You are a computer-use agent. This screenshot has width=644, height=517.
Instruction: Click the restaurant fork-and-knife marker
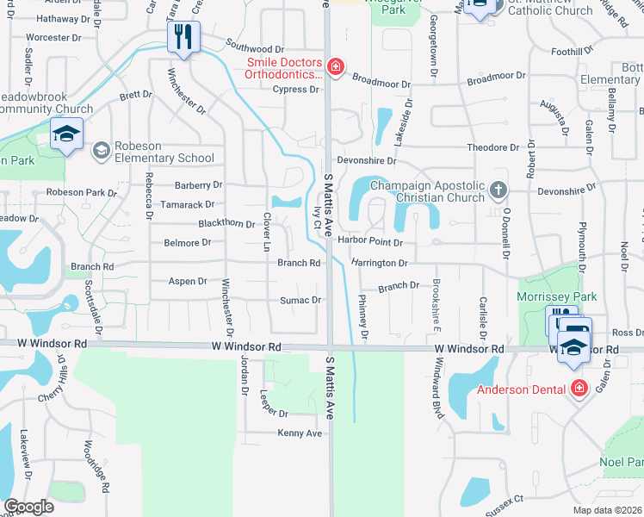(183, 36)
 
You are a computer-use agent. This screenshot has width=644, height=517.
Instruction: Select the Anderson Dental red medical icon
(579, 389)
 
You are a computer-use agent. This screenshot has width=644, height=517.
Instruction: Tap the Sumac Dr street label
(300, 300)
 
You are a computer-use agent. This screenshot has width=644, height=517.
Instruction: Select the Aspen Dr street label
(188, 281)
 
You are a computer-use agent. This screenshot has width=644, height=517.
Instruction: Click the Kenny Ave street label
(300, 433)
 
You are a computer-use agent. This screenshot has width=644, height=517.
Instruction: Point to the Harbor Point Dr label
(370, 242)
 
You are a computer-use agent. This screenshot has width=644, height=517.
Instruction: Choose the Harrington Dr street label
(378, 262)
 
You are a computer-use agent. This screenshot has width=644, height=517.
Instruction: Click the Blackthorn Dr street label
(226, 224)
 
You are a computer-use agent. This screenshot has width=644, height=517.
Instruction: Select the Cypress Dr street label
(295, 90)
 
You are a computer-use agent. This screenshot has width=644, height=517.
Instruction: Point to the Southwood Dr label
(255, 50)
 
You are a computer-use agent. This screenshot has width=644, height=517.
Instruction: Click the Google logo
(28, 507)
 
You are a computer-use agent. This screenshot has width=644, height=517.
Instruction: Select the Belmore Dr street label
(188, 243)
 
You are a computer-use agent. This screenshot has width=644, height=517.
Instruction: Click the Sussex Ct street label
(505, 500)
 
